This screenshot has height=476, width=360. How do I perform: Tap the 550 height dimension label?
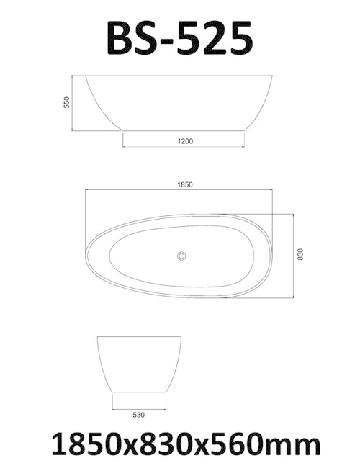click(x=66, y=103)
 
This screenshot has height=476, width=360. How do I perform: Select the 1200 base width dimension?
click(x=185, y=141)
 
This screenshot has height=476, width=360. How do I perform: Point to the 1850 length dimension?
click(x=185, y=184)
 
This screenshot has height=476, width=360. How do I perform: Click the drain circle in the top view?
click(x=182, y=255)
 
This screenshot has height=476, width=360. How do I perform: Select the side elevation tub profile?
click(x=180, y=101)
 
